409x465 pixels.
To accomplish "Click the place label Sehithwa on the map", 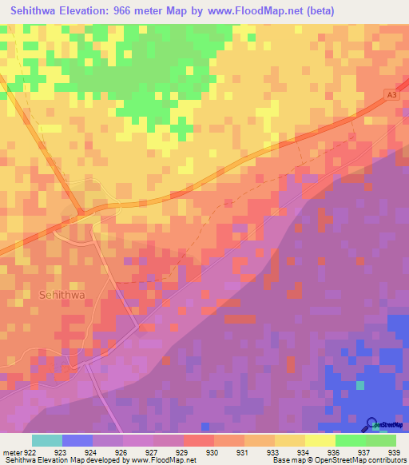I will tap(61, 294).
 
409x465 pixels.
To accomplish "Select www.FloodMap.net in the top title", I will tap(260, 10).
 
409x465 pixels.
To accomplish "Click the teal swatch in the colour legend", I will tap(47, 440).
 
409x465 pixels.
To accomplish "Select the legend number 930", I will tap(212, 452).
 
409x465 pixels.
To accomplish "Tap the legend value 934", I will tap(304, 452).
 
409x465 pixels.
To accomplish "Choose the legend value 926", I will tap(121, 452).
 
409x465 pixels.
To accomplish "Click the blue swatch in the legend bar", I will tap(77, 440).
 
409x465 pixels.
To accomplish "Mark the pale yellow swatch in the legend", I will tap(320, 440).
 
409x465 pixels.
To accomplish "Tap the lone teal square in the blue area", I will tap(360, 385).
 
